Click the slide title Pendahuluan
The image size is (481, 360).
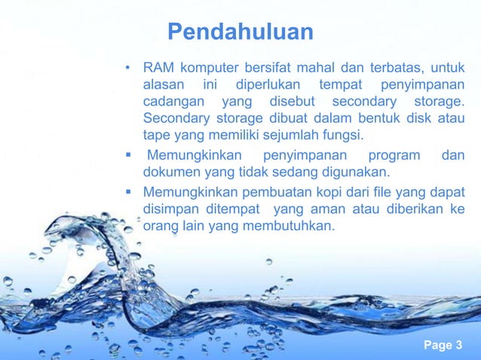point(240,32)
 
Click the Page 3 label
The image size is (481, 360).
point(443,346)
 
